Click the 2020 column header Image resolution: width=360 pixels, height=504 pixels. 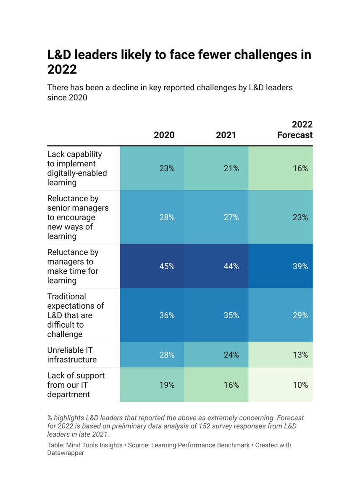(x=164, y=135)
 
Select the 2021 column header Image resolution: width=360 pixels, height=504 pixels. (x=226, y=135)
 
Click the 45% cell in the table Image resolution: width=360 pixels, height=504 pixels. (x=167, y=266)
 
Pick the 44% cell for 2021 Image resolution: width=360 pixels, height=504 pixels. (x=231, y=266)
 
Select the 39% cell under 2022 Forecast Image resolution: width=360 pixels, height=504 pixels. (x=300, y=266)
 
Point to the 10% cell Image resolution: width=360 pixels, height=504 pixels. (x=300, y=385)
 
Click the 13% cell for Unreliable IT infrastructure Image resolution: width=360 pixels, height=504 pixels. (x=300, y=355)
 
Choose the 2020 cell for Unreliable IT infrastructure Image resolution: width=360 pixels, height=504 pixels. (x=167, y=355)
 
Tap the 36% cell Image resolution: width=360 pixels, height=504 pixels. (x=167, y=315)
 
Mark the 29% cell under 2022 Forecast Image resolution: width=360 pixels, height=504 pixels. (x=300, y=315)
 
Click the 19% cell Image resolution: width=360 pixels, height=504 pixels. (x=167, y=385)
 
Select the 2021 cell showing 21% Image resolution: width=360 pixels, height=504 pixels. (x=231, y=168)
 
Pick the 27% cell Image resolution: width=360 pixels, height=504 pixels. (x=231, y=218)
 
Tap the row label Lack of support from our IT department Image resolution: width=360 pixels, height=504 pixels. (x=76, y=385)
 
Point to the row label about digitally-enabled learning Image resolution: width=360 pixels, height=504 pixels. (x=77, y=168)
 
